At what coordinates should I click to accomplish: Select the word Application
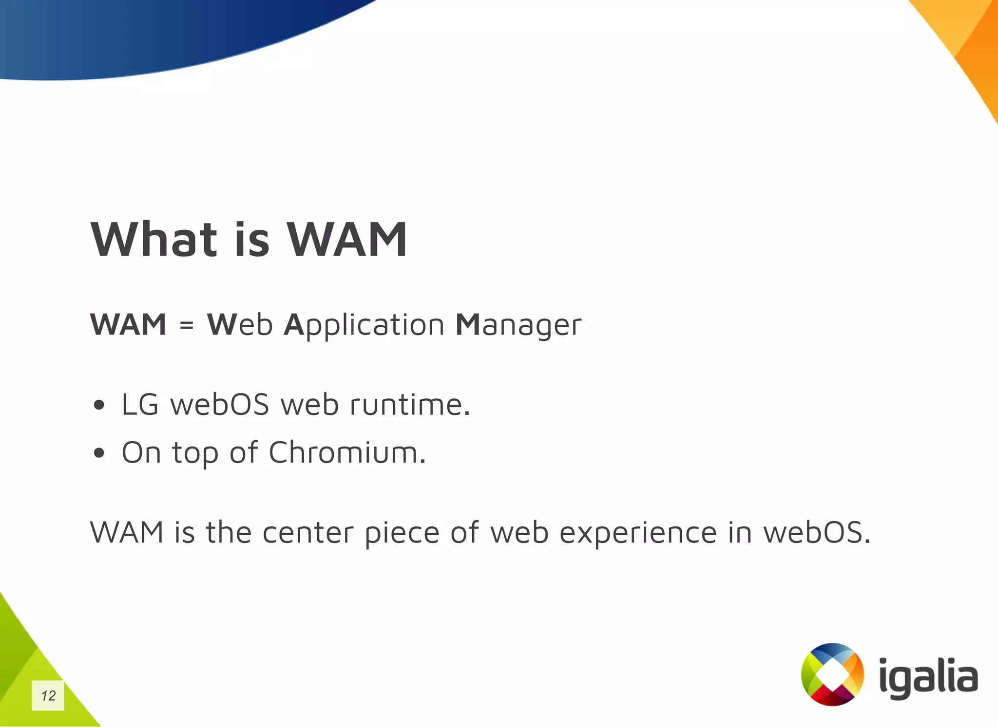[x=364, y=325]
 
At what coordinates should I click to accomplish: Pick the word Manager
[x=518, y=325]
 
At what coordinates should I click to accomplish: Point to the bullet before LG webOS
[x=99, y=405]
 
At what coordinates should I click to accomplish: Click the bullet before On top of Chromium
[x=99, y=453]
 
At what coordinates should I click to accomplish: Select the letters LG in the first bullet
[x=140, y=405]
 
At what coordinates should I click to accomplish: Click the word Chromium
[x=347, y=453]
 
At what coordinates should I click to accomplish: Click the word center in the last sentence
[x=308, y=533]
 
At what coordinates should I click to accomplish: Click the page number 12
[x=48, y=695]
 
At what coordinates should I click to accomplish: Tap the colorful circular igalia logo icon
[x=832, y=674]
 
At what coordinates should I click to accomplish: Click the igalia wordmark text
[x=928, y=677]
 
